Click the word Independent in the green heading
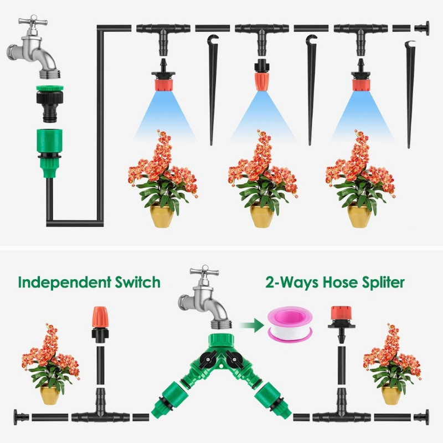(x=64, y=282)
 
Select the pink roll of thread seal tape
(x=290, y=325)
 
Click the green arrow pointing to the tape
(x=251, y=325)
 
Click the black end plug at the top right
(x=422, y=28)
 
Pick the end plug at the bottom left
(x=21, y=417)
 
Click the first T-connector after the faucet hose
(x=163, y=36)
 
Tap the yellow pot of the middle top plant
(x=262, y=216)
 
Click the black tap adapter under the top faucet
(x=50, y=104)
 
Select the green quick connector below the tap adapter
(x=50, y=153)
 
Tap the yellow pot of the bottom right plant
(x=392, y=394)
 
